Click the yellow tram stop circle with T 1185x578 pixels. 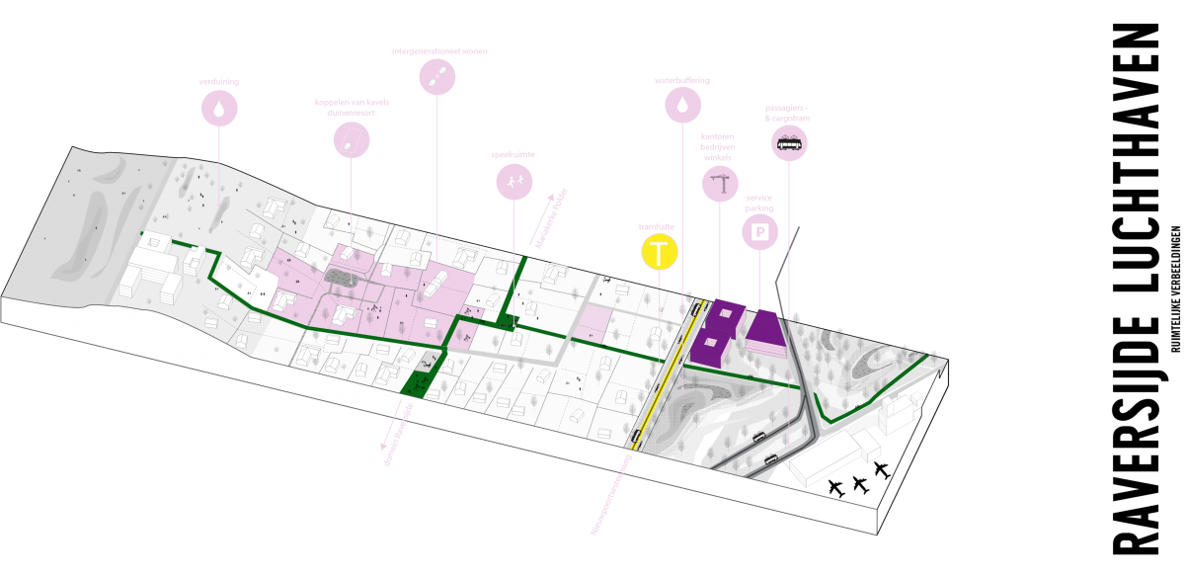pos(660,253)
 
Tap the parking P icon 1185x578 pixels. pos(760,233)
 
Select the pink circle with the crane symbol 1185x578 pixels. pos(720,183)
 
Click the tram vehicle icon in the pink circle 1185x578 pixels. pos(789,144)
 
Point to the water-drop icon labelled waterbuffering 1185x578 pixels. pos(681,103)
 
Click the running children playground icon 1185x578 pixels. pos(514,182)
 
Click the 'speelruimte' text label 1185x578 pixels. pos(513,155)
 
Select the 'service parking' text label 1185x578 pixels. pos(760,204)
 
